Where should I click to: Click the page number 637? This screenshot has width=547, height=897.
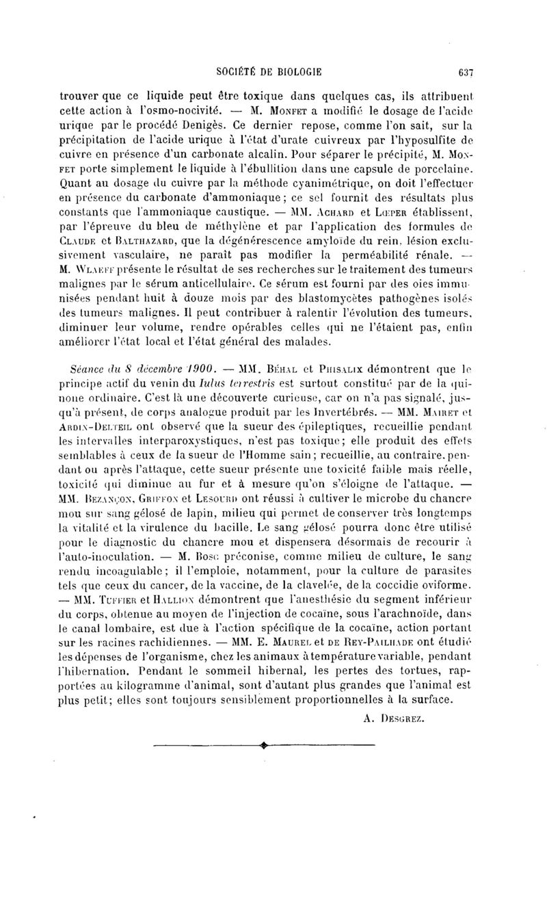466,70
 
